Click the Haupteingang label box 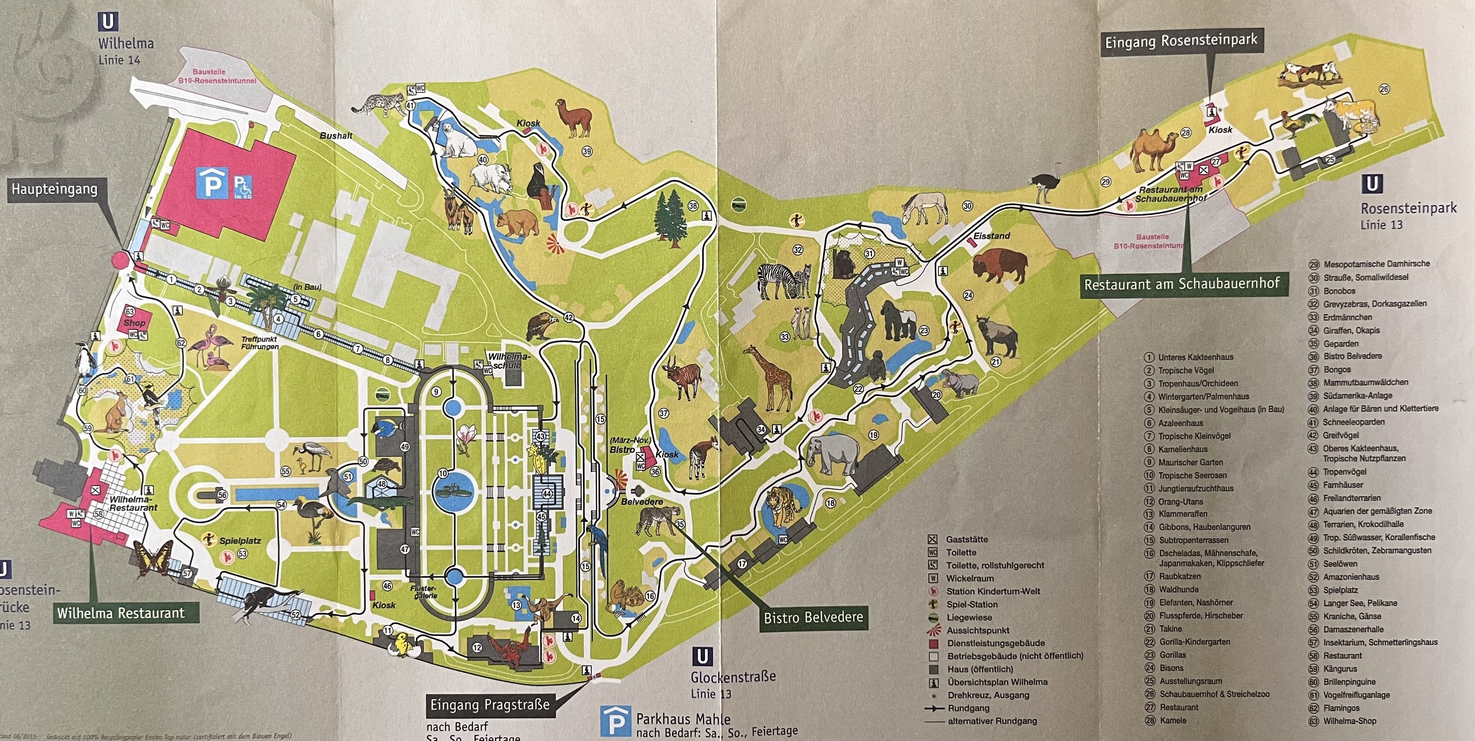(x=55, y=189)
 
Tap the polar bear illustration (x=458, y=139)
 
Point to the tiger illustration (x=782, y=504)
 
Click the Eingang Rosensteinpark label (x=1181, y=41)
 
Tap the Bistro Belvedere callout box (x=813, y=617)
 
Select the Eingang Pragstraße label (x=490, y=705)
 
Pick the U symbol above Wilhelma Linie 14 (x=108, y=22)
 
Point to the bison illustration (x=999, y=266)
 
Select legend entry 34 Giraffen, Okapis (x=1351, y=330)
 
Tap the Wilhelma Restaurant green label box (x=121, y=613)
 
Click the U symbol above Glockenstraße (x=703, y=656)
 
